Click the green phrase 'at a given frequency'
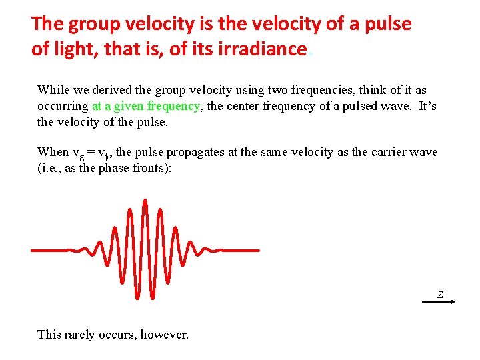[146, 106]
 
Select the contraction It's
[425, 106]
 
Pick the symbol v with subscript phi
[102, 153]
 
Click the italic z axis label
[440, 293]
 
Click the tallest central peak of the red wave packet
[145, 201]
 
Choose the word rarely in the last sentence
[81, 334]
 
